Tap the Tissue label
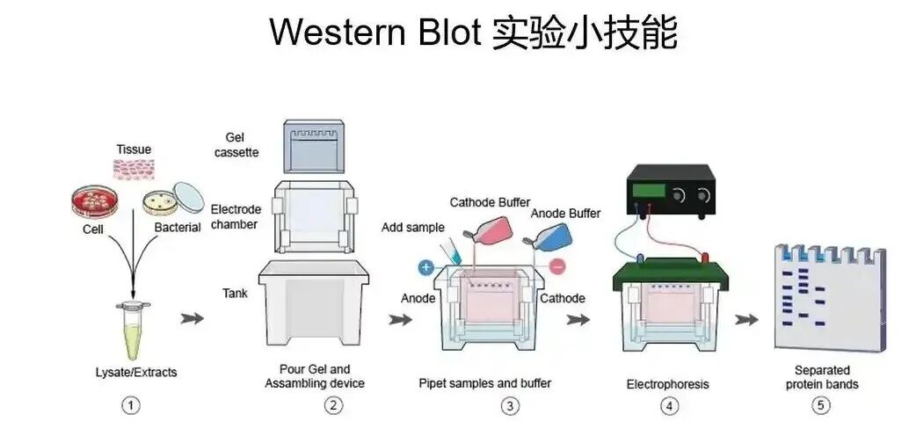pos(134,150)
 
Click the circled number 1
pos(131,405)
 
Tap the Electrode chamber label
pos(236,217)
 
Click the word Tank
pos(235,294)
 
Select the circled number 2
pos(333,405)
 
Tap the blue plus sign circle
pos(425,266)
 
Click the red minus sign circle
pos(558,266)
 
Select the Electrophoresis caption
pos(667,384)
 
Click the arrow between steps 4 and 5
pos(746,319)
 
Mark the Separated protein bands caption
pos(821,377)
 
